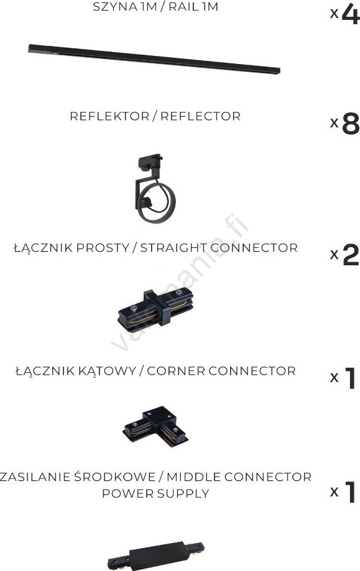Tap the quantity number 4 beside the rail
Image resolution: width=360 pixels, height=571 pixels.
[x=351, y=14]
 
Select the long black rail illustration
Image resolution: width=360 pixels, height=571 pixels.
[x=154, y=59]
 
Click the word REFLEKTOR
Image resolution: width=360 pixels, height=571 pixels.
[x=109, y=116]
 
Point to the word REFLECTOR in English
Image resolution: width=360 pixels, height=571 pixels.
[x=200, y=116]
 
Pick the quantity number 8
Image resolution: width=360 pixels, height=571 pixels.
[x=351, y=124]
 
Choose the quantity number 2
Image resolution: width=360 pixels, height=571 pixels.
[x=351, y=255]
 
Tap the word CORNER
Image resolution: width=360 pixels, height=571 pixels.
[x=177, y=371]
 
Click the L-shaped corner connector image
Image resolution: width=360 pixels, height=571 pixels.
[x=155, y=426]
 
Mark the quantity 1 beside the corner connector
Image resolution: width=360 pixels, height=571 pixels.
[x=350, y=378]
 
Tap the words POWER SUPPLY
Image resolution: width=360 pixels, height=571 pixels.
[x=155, y=493]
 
